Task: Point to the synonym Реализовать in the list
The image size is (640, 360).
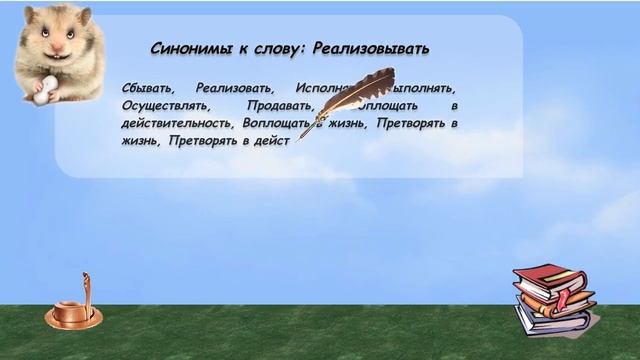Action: point(234,86)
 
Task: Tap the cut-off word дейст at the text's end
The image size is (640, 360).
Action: point(270,141)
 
